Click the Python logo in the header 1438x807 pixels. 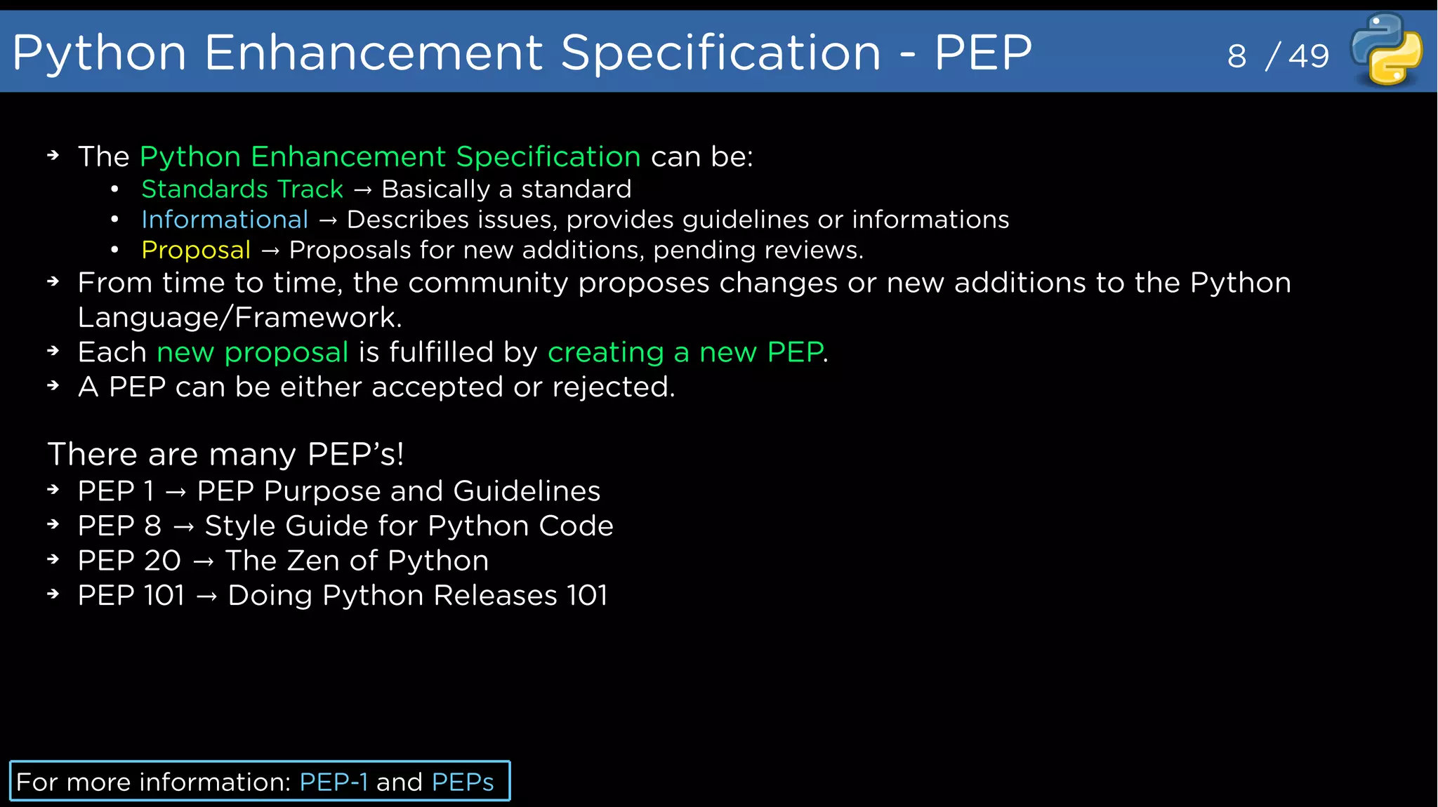(x=1387, y=49)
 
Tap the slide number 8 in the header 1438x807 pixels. (x=1236, y=56)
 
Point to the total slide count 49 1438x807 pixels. (x=1309, y=56)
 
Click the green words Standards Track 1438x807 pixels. (x=242, y=189)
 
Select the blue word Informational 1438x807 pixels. (x=225, y=220)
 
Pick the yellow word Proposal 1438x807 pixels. (x=196, y=251)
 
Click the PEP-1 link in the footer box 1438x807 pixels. (x=334, y=782)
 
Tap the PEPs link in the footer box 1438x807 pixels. (x=463, y=782)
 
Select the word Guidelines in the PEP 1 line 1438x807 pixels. (x=527, y=491)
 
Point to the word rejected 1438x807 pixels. (x=613, y=387)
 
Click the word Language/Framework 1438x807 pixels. (x=239, y=318)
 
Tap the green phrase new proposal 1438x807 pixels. (x=252, y=352)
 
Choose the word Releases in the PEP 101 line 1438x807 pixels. (x=495, y=596)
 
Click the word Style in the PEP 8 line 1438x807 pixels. (x=240, y=526)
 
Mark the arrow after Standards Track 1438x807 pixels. (x=362, y=189)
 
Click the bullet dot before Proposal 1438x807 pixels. (x=114, y=250)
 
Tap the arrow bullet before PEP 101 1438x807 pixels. (x=53, y=594)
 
